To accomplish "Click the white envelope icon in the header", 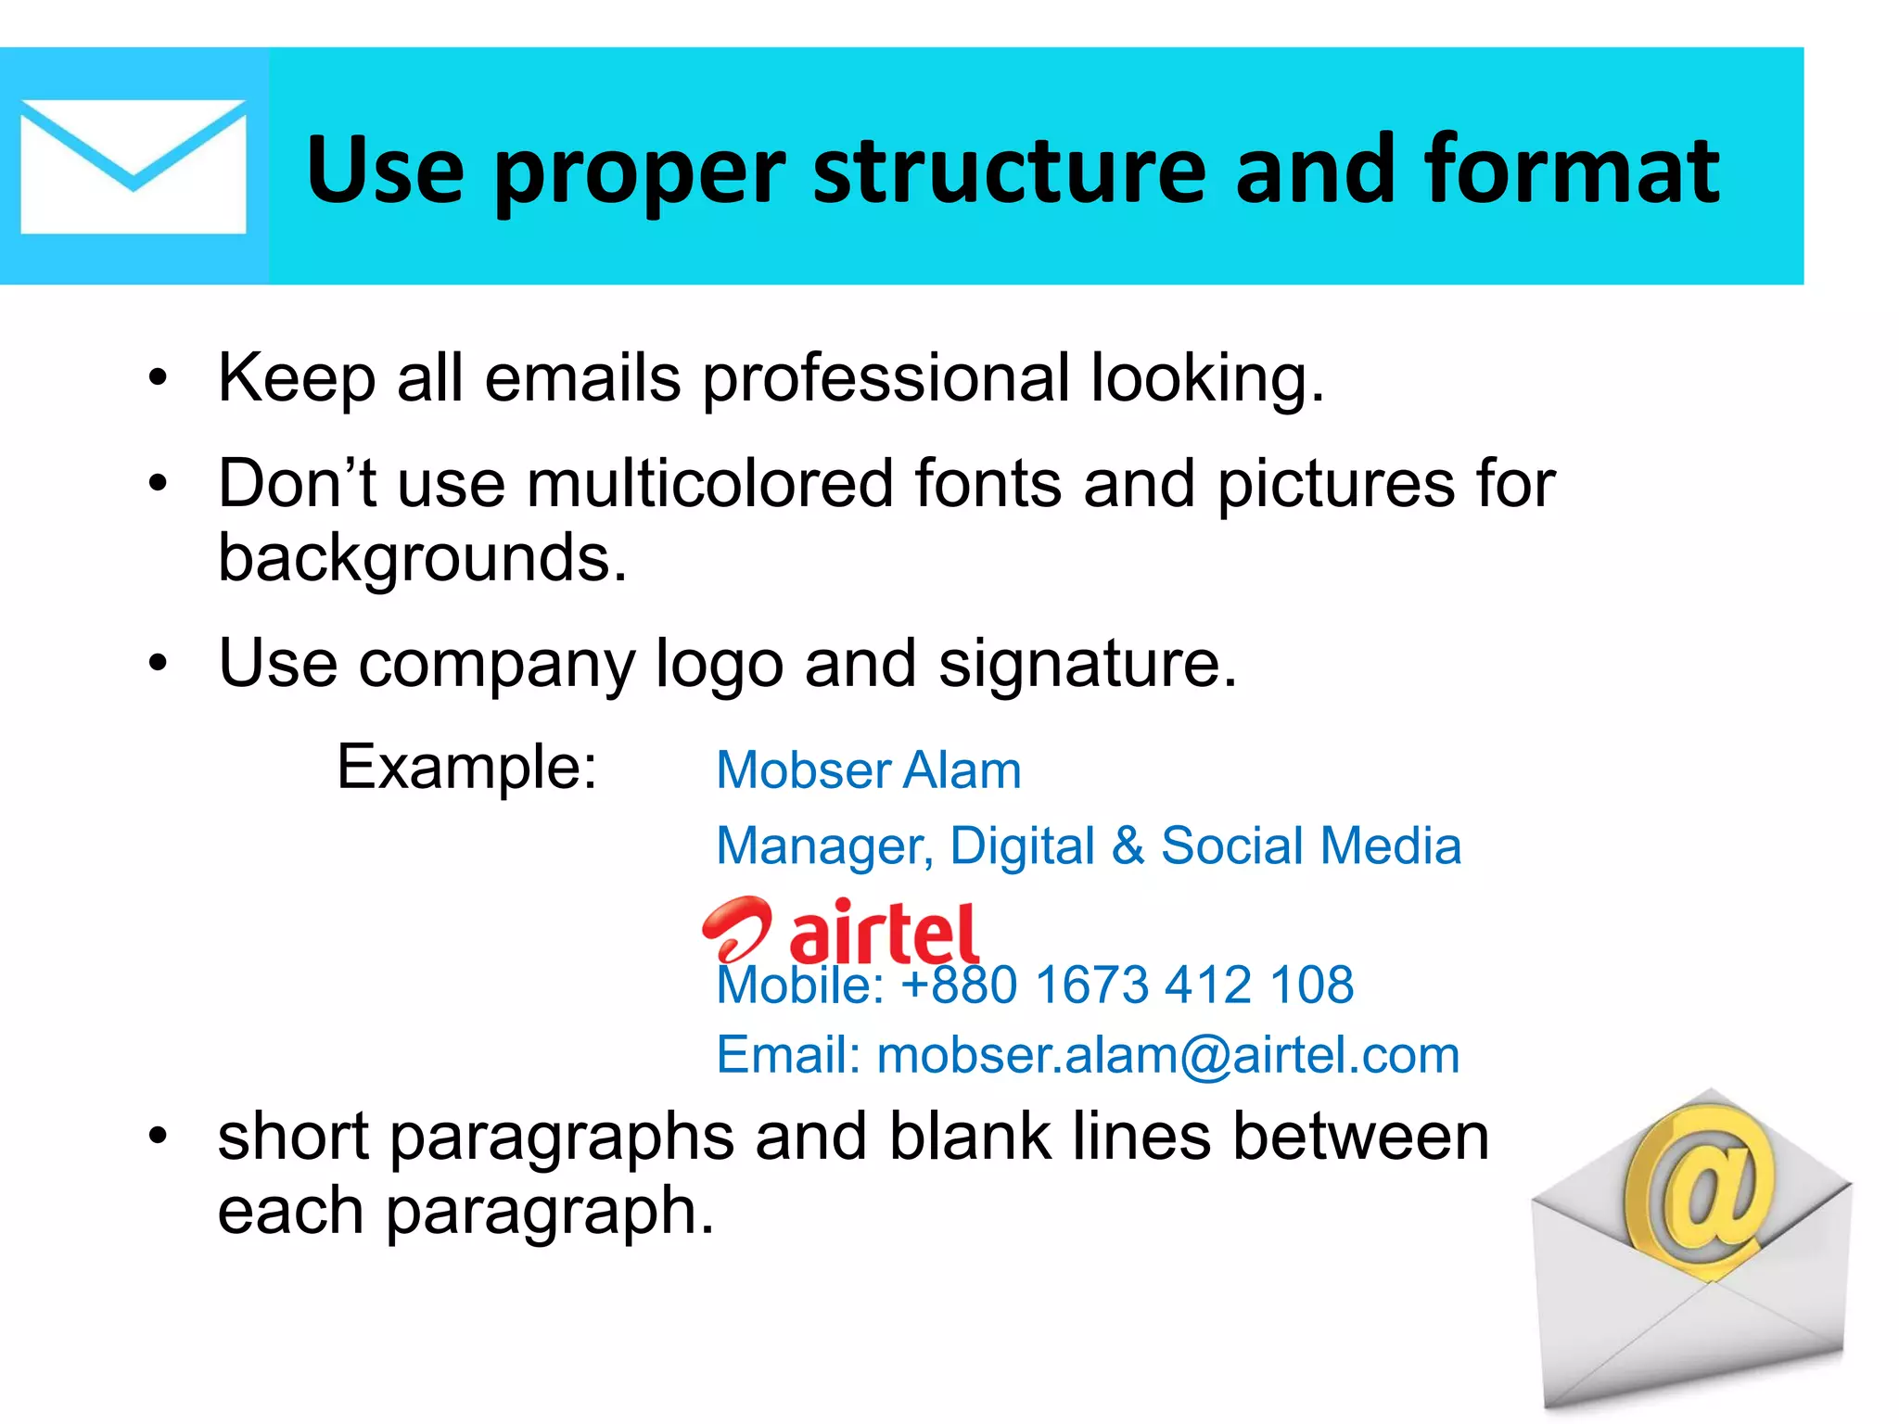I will pos(133,167).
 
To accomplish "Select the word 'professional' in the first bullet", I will pos(886,379).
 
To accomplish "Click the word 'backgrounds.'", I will pos(422,559).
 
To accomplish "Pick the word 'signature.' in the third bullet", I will pos(1087,664).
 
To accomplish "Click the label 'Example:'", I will pos(466,768).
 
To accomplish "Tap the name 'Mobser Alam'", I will pos(869,770).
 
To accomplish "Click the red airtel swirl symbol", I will pos(735,929).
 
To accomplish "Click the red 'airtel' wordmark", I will pos(884,934).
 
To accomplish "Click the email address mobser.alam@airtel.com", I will pos(1168,1055).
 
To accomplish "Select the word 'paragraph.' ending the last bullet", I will pos(549,1212).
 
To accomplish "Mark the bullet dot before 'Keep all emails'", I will pos(159,378).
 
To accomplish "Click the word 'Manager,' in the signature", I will pos(824,846).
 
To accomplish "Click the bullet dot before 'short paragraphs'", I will pos(159,1136).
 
